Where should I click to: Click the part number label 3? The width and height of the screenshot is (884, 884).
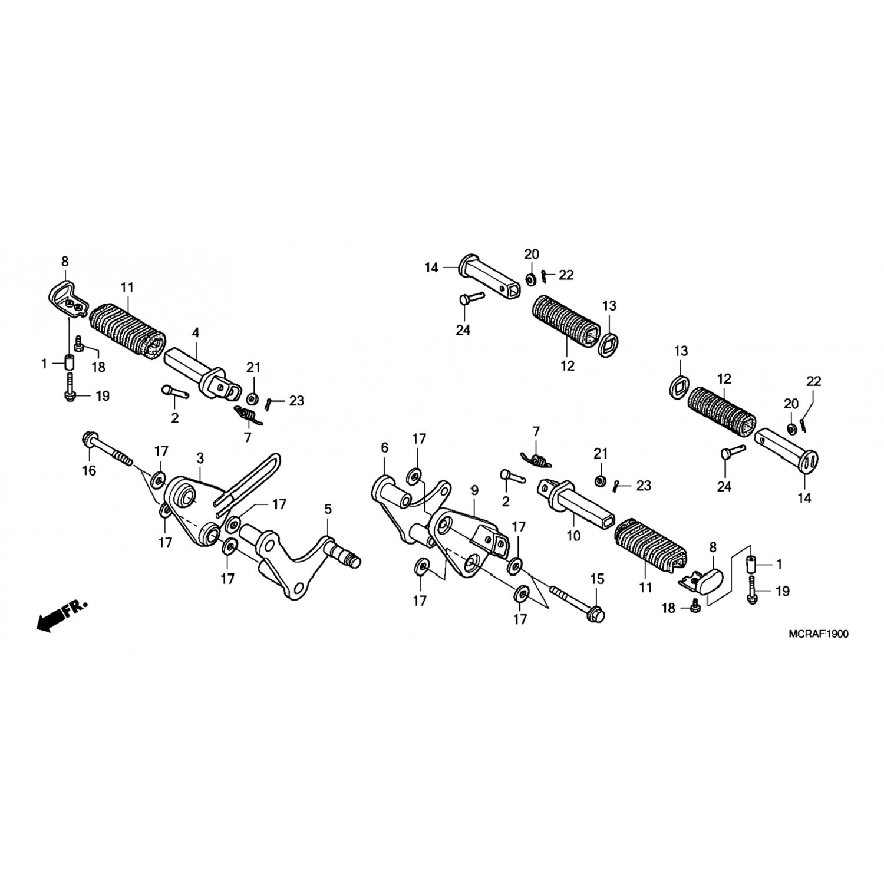200,457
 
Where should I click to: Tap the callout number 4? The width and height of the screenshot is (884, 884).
195,333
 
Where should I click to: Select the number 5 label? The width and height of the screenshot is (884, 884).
328,509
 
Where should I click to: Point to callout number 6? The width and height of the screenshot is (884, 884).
385,448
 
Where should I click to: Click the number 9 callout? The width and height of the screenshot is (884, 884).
474,490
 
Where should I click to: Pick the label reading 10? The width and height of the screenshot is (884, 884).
573,536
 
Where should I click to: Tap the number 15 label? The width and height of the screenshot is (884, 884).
597,579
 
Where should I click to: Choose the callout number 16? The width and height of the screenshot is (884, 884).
89,470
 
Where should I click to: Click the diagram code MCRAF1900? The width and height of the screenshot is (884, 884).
819,634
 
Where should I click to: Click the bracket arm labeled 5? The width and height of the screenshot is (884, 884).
295,560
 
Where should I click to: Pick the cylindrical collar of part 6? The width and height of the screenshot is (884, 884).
391,493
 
